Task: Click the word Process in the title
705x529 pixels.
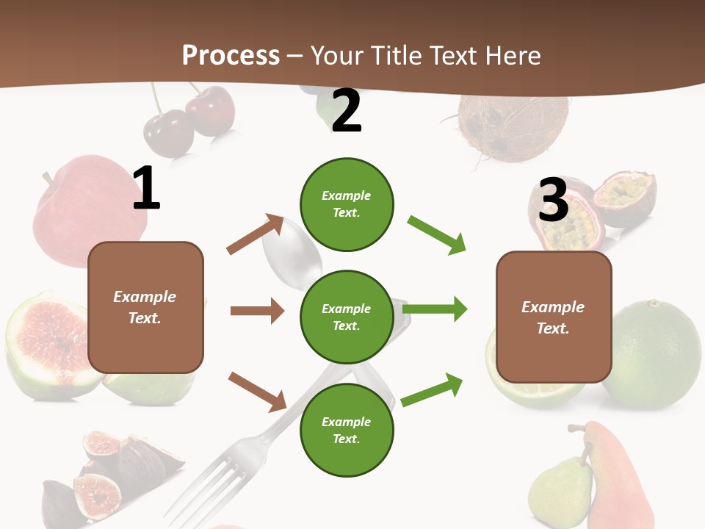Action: pyautogui.click(x=231, y=55)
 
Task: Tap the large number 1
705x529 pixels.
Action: pyautogui.click(x=146, y=188)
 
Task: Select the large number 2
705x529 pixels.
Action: pyautogui.click(x=347, y=111)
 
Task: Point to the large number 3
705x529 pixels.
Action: pyautogui.click(x=553, y=200)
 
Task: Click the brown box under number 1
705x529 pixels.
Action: pyautogui.click(x=145, y=307)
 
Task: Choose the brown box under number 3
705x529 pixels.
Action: pyautogui.click(x=554, y=317)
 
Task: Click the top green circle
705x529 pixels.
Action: pyautogui.click(x=347, y=204)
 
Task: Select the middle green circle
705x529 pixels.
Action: pyautogui.click(x=347, y=317)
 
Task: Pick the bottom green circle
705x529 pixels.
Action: pyautogui.click(x=347, y=431)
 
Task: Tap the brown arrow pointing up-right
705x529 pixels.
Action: pyautogui.click(x=256, y=234)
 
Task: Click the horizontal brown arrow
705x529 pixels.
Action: pyautogui.click(x=257, y=311)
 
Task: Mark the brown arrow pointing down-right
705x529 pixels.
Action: pyautogui.click(x=257, y=392)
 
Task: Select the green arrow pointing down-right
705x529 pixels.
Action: pyautogui.click(x=437, y=235)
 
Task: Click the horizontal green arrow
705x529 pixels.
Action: pyautogui.click(x=435, y=309)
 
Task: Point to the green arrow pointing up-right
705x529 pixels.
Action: pyautogui.click(x=433, y=389)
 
